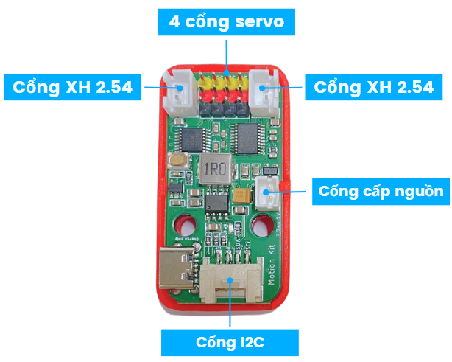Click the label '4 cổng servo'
pos(227,22)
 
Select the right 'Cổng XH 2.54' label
pos(373,87)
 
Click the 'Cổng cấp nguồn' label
pos(381,192)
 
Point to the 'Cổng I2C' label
pos(229,343)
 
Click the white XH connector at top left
pos(179,91)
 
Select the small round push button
pos(177,160)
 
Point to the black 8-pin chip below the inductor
pos(216,201)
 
